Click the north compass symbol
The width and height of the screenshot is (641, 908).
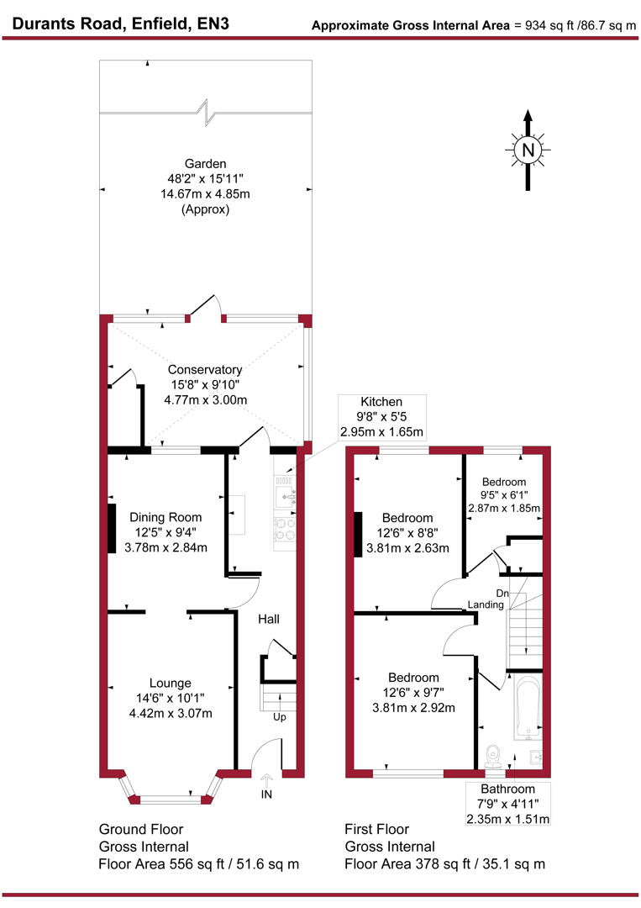click(x=528, y=150)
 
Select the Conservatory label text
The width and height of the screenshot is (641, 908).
click(x=205, y=369)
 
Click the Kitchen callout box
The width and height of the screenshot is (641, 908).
click(x=381, y=417)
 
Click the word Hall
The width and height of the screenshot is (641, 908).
click(x=269, y=620)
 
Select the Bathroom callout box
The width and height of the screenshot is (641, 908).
click(x=507, y=804)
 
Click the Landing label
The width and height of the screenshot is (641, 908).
click(x=486, y=605)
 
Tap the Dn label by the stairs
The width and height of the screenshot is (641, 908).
click(x=502, y=593)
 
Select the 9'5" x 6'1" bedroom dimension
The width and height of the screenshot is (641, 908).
click(x=504, y=494)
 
